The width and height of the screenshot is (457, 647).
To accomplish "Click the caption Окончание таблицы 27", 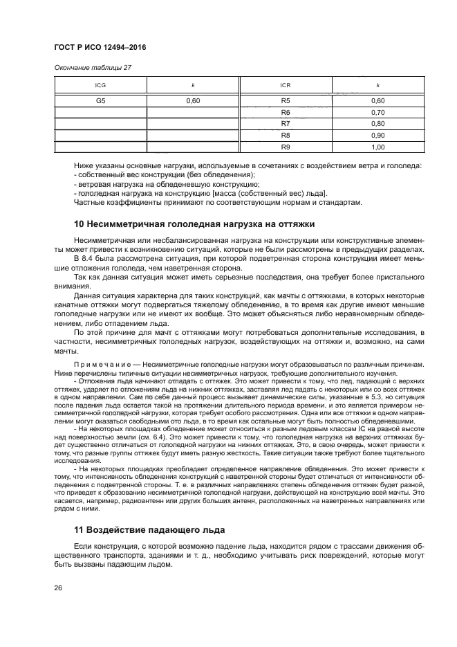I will click(x=93, y=67).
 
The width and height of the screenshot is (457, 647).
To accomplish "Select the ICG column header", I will click(x=100, y=85).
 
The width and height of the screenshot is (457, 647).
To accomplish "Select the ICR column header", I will click(x=285, y=85).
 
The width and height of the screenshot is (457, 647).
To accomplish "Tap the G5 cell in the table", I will click(x=100, y=100).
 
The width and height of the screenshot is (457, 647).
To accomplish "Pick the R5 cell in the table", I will click(x=286, y=100).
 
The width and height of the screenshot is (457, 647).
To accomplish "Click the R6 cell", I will click(x=286, y=112).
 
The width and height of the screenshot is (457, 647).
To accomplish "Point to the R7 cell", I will click(x=286, y=123).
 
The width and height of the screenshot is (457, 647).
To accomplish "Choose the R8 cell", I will click(x=286, y=135).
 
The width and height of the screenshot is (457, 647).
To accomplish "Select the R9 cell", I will click(x=286, y=147).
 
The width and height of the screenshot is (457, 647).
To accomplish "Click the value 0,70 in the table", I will click(x=377, y=112).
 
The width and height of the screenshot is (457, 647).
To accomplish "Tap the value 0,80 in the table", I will click(x=377, y=123).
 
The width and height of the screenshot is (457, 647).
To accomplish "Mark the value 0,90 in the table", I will click(x=377, y=135).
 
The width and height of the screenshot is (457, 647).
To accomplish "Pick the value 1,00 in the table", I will click(x=377, y=147).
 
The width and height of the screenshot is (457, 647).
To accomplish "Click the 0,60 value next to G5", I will click(x=193, y=100).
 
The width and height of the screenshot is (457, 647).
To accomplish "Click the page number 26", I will click(x=59, y=588).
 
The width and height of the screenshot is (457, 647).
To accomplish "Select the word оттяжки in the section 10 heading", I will click(x=293, y=224).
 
